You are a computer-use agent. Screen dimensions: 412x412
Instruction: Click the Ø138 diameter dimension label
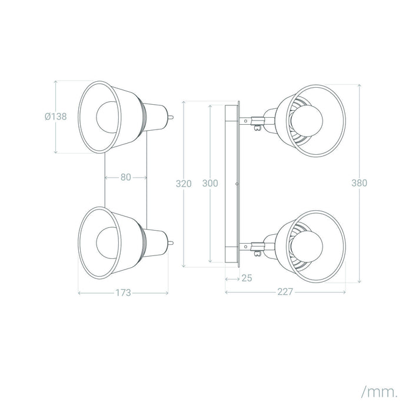coord(55,117)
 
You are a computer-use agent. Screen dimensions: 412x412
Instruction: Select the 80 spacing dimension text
coord(125,177)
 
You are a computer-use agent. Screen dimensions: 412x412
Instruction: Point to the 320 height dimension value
coord(184,184)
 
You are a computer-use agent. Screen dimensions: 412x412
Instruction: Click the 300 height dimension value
coord(210,184)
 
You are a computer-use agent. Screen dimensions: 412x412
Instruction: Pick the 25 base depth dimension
coord(246,277)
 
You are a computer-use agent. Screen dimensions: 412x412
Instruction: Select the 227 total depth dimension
coord(284,290)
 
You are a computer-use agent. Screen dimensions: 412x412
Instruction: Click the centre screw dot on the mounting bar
coord(235,184)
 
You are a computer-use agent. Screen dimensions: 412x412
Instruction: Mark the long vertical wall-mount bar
coord(231,183)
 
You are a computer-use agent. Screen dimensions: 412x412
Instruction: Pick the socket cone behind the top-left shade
coord(154,117)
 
